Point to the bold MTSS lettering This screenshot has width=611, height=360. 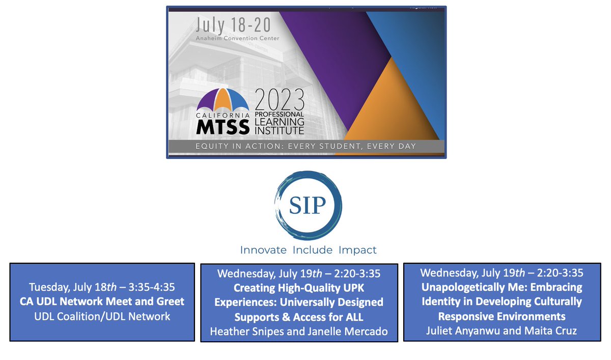(x=223, y=127)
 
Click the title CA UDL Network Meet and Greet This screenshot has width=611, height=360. (x=102, y=301)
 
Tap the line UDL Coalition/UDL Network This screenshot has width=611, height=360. (x=102, y=316)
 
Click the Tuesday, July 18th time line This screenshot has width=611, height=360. (x=102, y=286)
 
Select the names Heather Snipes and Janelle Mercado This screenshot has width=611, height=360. (x=299, y=332)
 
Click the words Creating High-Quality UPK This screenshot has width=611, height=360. (x=299, y=288)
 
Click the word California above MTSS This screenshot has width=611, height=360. (x=223, y=115)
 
